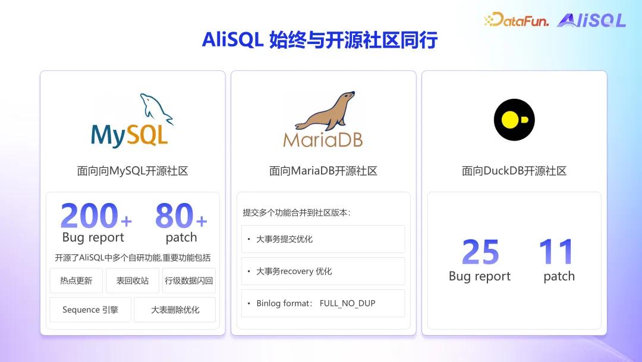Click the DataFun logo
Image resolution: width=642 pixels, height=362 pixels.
pos(517,19)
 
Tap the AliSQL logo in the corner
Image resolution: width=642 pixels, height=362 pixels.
pos(591,20)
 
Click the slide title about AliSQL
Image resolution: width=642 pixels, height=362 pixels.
pos(320,40)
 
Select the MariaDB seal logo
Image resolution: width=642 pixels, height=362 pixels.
pos(323,119)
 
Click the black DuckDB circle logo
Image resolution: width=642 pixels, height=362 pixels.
pos(514,120)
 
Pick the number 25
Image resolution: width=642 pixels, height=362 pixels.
pos(480,252)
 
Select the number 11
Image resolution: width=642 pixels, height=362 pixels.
pos(556,251)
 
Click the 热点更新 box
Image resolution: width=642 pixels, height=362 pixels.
pos(76,280)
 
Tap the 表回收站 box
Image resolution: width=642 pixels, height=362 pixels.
pos(133,280)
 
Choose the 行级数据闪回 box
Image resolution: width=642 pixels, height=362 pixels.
pos(189,280)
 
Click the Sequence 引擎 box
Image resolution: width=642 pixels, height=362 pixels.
pos(90,310)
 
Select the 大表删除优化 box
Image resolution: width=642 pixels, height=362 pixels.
pos(175,310)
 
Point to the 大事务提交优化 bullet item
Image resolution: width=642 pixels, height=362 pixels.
pos(323,239)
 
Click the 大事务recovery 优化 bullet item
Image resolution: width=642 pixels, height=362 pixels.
pos(323,271)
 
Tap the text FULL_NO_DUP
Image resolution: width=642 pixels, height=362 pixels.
pos(347,304)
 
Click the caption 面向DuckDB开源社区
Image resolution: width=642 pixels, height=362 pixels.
pos(514,171)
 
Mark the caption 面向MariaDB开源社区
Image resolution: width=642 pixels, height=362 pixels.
pos(323,171)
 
